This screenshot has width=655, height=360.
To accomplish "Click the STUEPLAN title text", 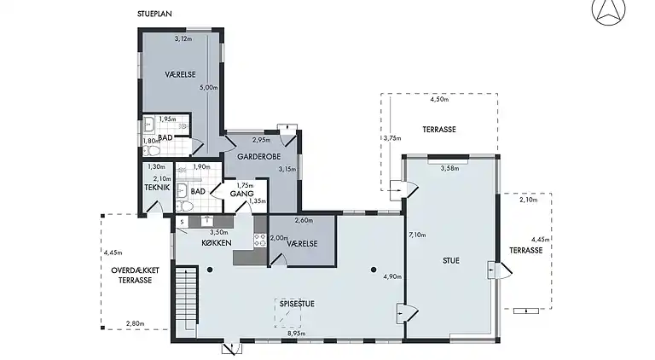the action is point(154,14).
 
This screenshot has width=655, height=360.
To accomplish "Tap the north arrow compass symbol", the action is point(609,11).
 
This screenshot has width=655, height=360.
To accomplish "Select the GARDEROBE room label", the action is point(259,157).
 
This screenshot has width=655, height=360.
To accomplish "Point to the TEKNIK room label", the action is point(157,188).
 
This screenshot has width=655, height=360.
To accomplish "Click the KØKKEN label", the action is point(217,242).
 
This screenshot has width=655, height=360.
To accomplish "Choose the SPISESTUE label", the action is point(297,304).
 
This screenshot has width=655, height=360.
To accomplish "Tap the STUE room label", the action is point(450,260).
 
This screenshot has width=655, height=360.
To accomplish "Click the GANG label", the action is point(242,194).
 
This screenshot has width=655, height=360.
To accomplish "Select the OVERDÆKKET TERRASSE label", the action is point(135,276).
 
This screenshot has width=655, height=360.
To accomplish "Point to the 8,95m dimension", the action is point(297,334).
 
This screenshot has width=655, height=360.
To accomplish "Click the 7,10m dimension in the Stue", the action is point(417,235).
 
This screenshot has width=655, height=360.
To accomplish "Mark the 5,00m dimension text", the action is point(208,88).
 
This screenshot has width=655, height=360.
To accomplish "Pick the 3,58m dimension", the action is point(450,168).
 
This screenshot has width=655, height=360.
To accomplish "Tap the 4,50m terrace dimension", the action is point(439,100).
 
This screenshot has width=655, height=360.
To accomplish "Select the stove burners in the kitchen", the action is point(260,240).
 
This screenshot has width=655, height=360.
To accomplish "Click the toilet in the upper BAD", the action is point(151,150).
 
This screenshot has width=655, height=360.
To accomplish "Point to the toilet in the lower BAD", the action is point(184,206).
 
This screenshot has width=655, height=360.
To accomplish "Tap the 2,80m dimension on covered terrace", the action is point(136,323).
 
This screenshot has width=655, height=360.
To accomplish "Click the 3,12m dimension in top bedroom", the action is point(183,39).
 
